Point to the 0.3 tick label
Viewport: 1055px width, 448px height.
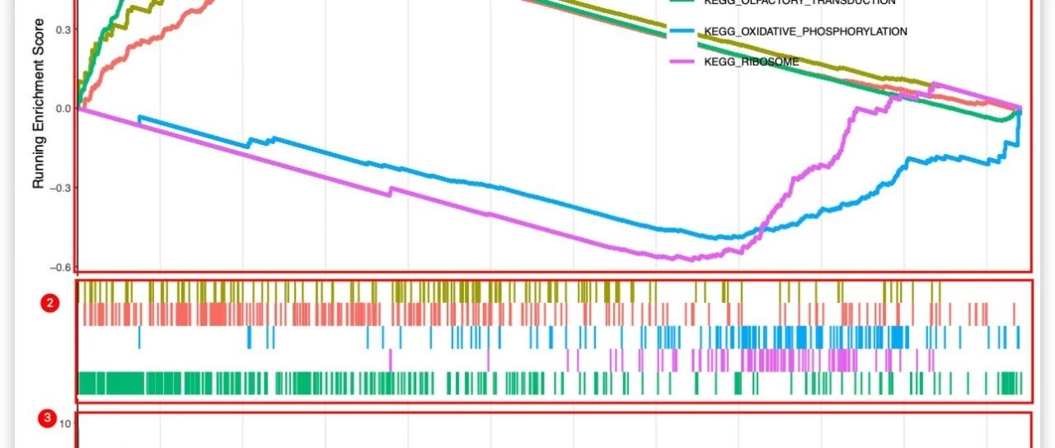click(63, 30)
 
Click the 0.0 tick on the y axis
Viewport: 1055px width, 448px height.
click(63, 109)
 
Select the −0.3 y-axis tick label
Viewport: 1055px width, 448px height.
click(60, 188)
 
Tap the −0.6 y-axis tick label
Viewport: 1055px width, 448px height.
click(60, 267)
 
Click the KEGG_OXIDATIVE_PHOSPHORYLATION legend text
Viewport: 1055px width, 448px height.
click(805, 31)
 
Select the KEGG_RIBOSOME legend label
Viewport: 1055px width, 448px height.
click(752, 62)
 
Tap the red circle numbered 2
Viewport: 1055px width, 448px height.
click(49, 303)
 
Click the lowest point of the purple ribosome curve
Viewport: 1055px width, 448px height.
click(691, 259)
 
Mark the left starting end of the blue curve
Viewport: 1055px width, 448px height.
click(140, 118)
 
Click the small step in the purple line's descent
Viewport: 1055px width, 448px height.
click(391, 191)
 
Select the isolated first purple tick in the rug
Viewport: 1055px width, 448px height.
click(391, 360)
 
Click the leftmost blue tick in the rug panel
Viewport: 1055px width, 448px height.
click(140, 337)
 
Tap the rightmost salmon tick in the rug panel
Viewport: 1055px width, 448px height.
click(1014, 314)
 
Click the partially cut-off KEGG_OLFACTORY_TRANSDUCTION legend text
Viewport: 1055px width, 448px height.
click(799, 2)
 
